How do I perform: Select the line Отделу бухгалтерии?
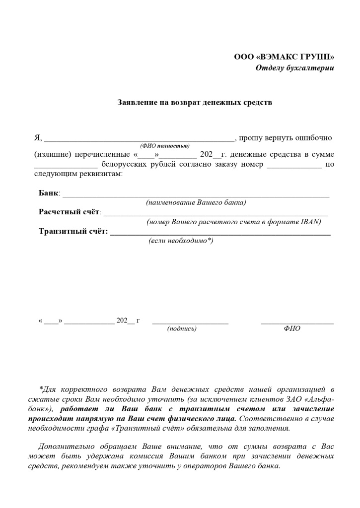pos(294,68)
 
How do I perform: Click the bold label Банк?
pos(49,192)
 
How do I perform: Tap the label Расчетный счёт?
pos(70,212)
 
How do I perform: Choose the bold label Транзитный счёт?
pos(73,231)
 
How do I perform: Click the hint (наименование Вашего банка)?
pos(196,202)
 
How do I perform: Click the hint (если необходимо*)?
pos(181,241)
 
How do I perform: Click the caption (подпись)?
pos(182,328)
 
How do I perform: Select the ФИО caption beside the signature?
pos(292,328)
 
